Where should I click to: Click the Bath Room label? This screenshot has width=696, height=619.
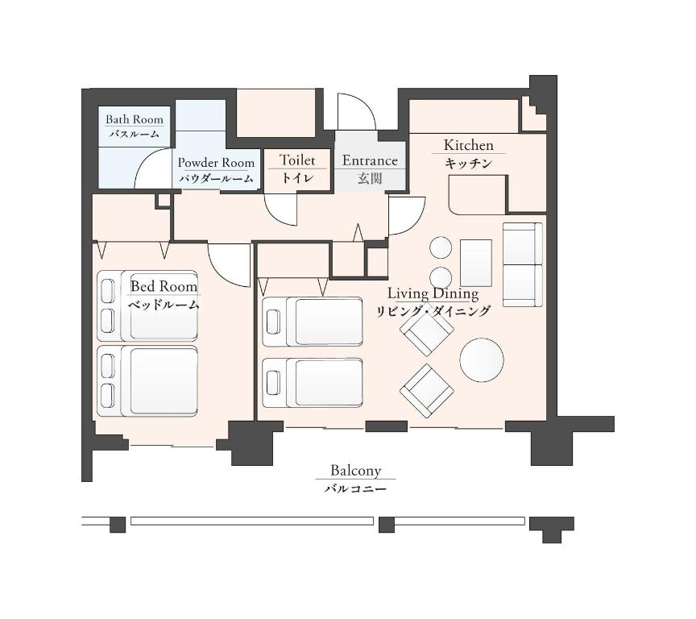(x=134, y=119)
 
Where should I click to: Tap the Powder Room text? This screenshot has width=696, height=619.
(x=216, y=163)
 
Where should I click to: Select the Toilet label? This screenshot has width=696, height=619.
(x=297, y=160)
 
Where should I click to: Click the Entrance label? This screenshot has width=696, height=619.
(x=370, y=160)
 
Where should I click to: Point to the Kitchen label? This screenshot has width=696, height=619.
(x=468, y=145)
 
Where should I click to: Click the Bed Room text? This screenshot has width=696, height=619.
(x=164, y=286)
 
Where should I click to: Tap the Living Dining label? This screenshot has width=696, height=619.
(x=433, y=293)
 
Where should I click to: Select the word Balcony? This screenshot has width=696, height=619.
(x=355, y=470)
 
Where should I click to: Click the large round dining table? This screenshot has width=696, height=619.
(x=482, y=359)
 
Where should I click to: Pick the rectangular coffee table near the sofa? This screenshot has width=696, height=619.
(x=476, y=264)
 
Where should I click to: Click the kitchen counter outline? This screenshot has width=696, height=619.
(x=478, y=194)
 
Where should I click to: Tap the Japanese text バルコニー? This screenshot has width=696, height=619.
(x=355, y=489)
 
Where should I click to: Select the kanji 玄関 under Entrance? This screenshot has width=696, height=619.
(x=370, y=179)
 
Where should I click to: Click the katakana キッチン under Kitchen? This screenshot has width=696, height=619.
(x=468, y=164)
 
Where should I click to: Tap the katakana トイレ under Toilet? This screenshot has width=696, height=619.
(x=297, y=178)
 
